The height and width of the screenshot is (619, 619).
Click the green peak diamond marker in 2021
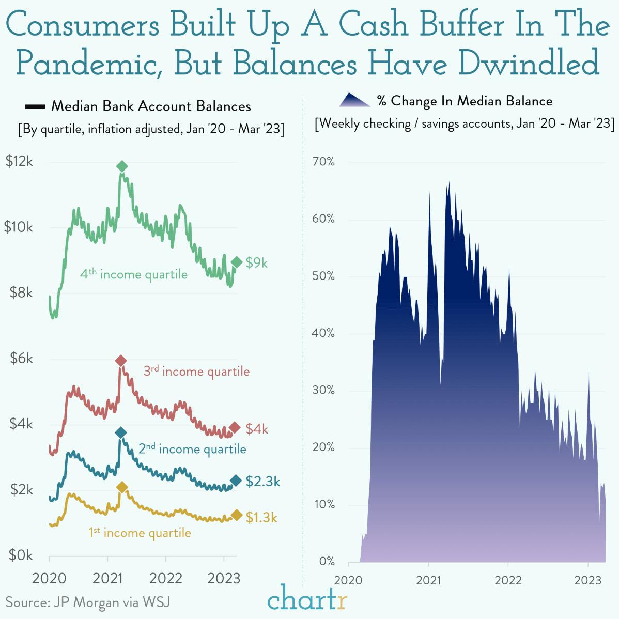click(122, 166)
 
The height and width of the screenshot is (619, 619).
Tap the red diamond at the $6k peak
click(120, 361)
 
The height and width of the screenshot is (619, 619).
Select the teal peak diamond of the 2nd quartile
click(120, 432)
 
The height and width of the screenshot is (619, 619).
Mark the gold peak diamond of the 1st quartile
click(122, 487)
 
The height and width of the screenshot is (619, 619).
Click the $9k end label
click(257, 263)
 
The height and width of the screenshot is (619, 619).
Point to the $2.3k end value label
click(263, 482)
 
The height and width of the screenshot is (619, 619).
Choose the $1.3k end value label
click(261, 517)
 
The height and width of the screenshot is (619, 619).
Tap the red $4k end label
click(257, 429)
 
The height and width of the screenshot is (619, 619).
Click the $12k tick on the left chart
click(19, 162)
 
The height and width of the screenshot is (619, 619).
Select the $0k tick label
click(21, 555)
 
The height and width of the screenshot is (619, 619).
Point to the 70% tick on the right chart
click(323, 162)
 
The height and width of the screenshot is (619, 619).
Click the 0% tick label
click(327, 562)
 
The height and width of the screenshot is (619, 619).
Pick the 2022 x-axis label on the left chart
click(166, 578)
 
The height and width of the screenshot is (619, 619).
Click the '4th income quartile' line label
click(133, 274)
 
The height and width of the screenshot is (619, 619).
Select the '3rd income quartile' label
click(196, 372)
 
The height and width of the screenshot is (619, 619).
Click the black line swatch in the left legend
click(35, 107)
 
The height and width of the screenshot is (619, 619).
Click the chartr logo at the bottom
click(308, 600)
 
